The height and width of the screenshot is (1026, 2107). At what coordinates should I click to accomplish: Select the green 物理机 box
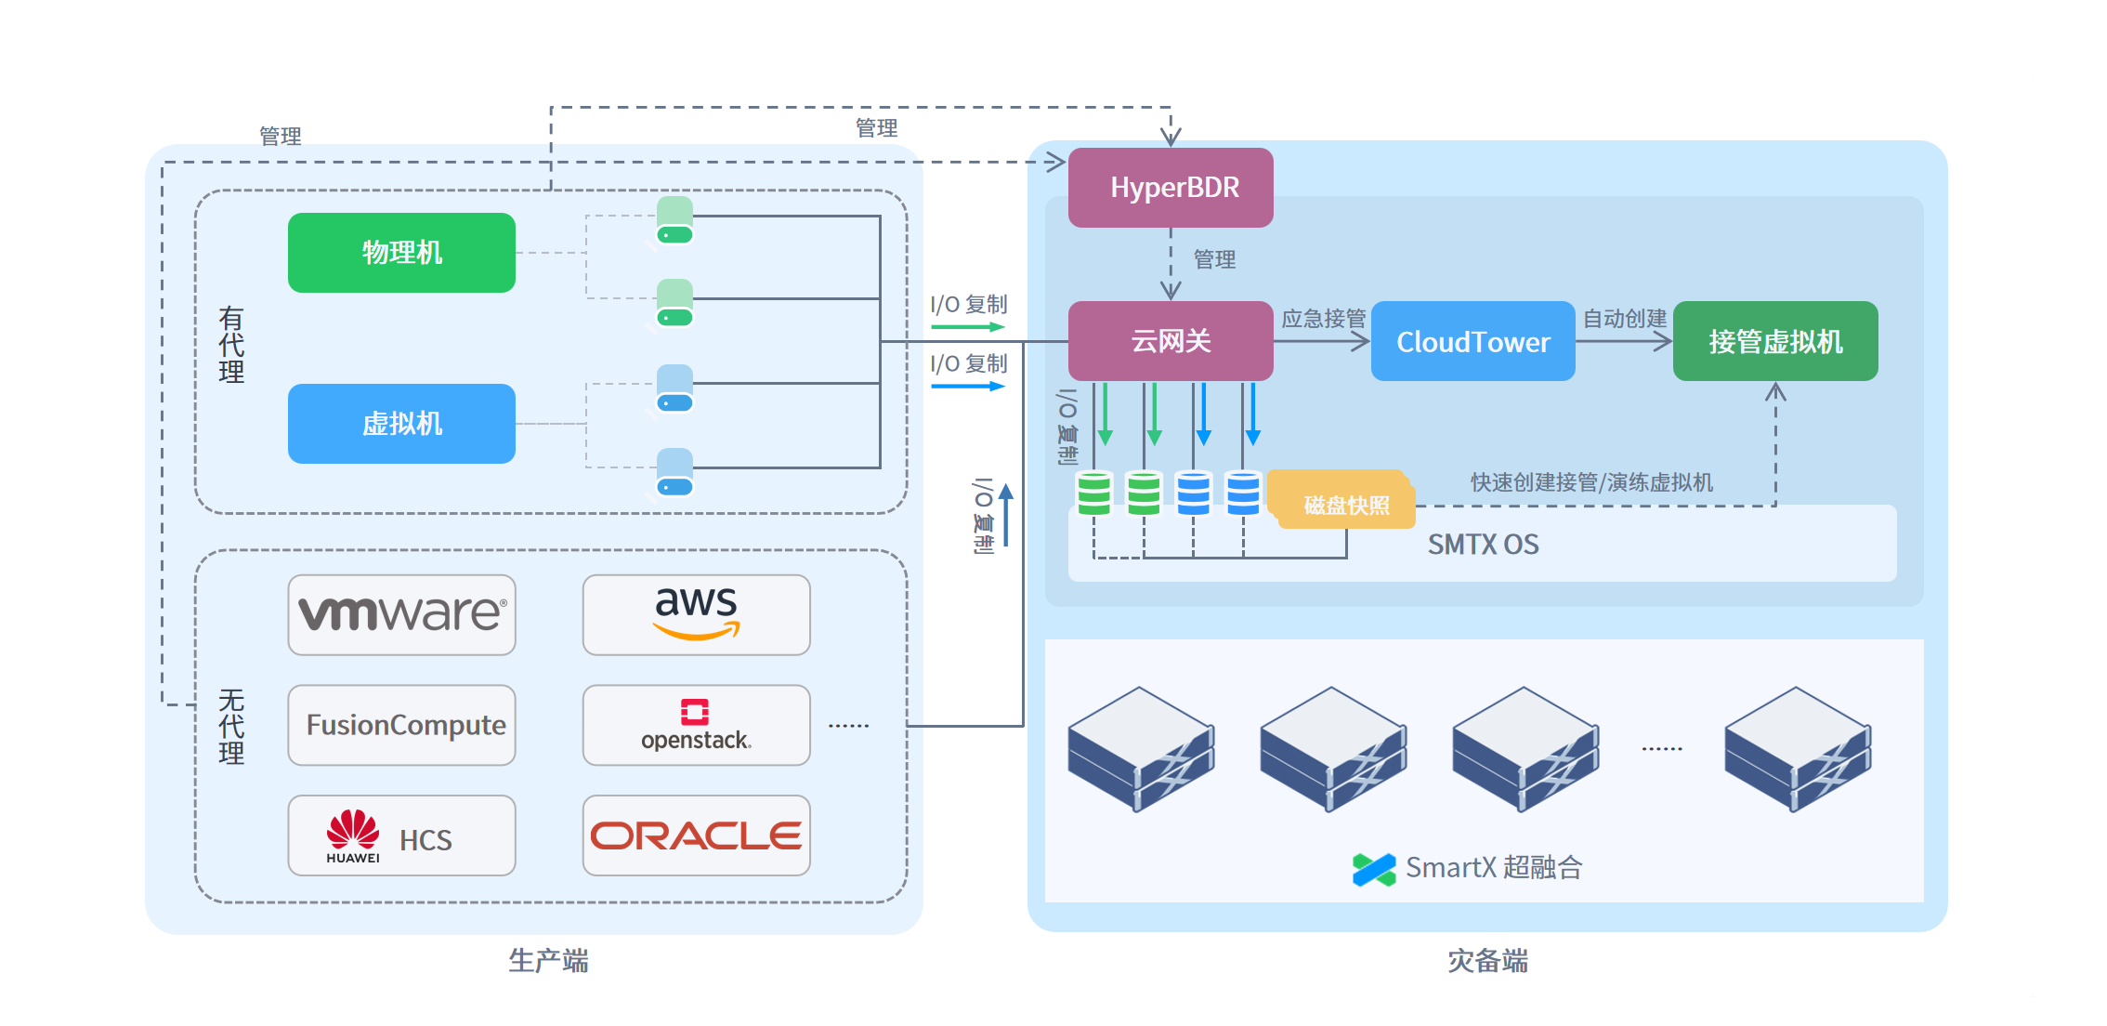click(x=401, y=253)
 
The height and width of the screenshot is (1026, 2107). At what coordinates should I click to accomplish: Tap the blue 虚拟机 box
click(x=401, y=424)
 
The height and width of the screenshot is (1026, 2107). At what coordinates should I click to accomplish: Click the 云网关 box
click(x=1171, y=341)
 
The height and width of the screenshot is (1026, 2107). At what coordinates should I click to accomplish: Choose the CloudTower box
click(x=1472, y=342)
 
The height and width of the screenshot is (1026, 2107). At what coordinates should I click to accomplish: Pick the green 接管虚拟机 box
click(x=1774, y=341)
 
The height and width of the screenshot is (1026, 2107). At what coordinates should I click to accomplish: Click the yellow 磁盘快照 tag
click(x=1346, y=505)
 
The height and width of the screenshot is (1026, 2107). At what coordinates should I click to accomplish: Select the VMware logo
click(x=401, y=614)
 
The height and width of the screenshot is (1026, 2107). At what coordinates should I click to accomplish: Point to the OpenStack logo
click(x=696, y=725)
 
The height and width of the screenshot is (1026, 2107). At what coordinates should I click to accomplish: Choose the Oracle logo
click(x=696, y=835)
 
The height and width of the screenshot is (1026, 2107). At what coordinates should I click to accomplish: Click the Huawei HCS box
click(x=401, y=835)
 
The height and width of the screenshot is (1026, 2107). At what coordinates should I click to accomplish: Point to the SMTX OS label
click(x=1483, y=545)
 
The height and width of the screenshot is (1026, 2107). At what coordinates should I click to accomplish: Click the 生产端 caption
click(x=548, y=961)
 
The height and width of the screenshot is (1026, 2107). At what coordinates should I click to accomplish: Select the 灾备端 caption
click(x=1487, y=961)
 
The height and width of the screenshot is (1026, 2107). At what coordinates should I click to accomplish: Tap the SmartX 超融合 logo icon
click(x=1374, y=869)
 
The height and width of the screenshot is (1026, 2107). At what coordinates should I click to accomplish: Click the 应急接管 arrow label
click(x=1323, y=319)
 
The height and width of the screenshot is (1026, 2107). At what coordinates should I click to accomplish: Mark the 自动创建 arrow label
click(x=1624, y=319)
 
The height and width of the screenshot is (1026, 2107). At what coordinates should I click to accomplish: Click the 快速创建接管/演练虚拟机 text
click(x=1591, y=482)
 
